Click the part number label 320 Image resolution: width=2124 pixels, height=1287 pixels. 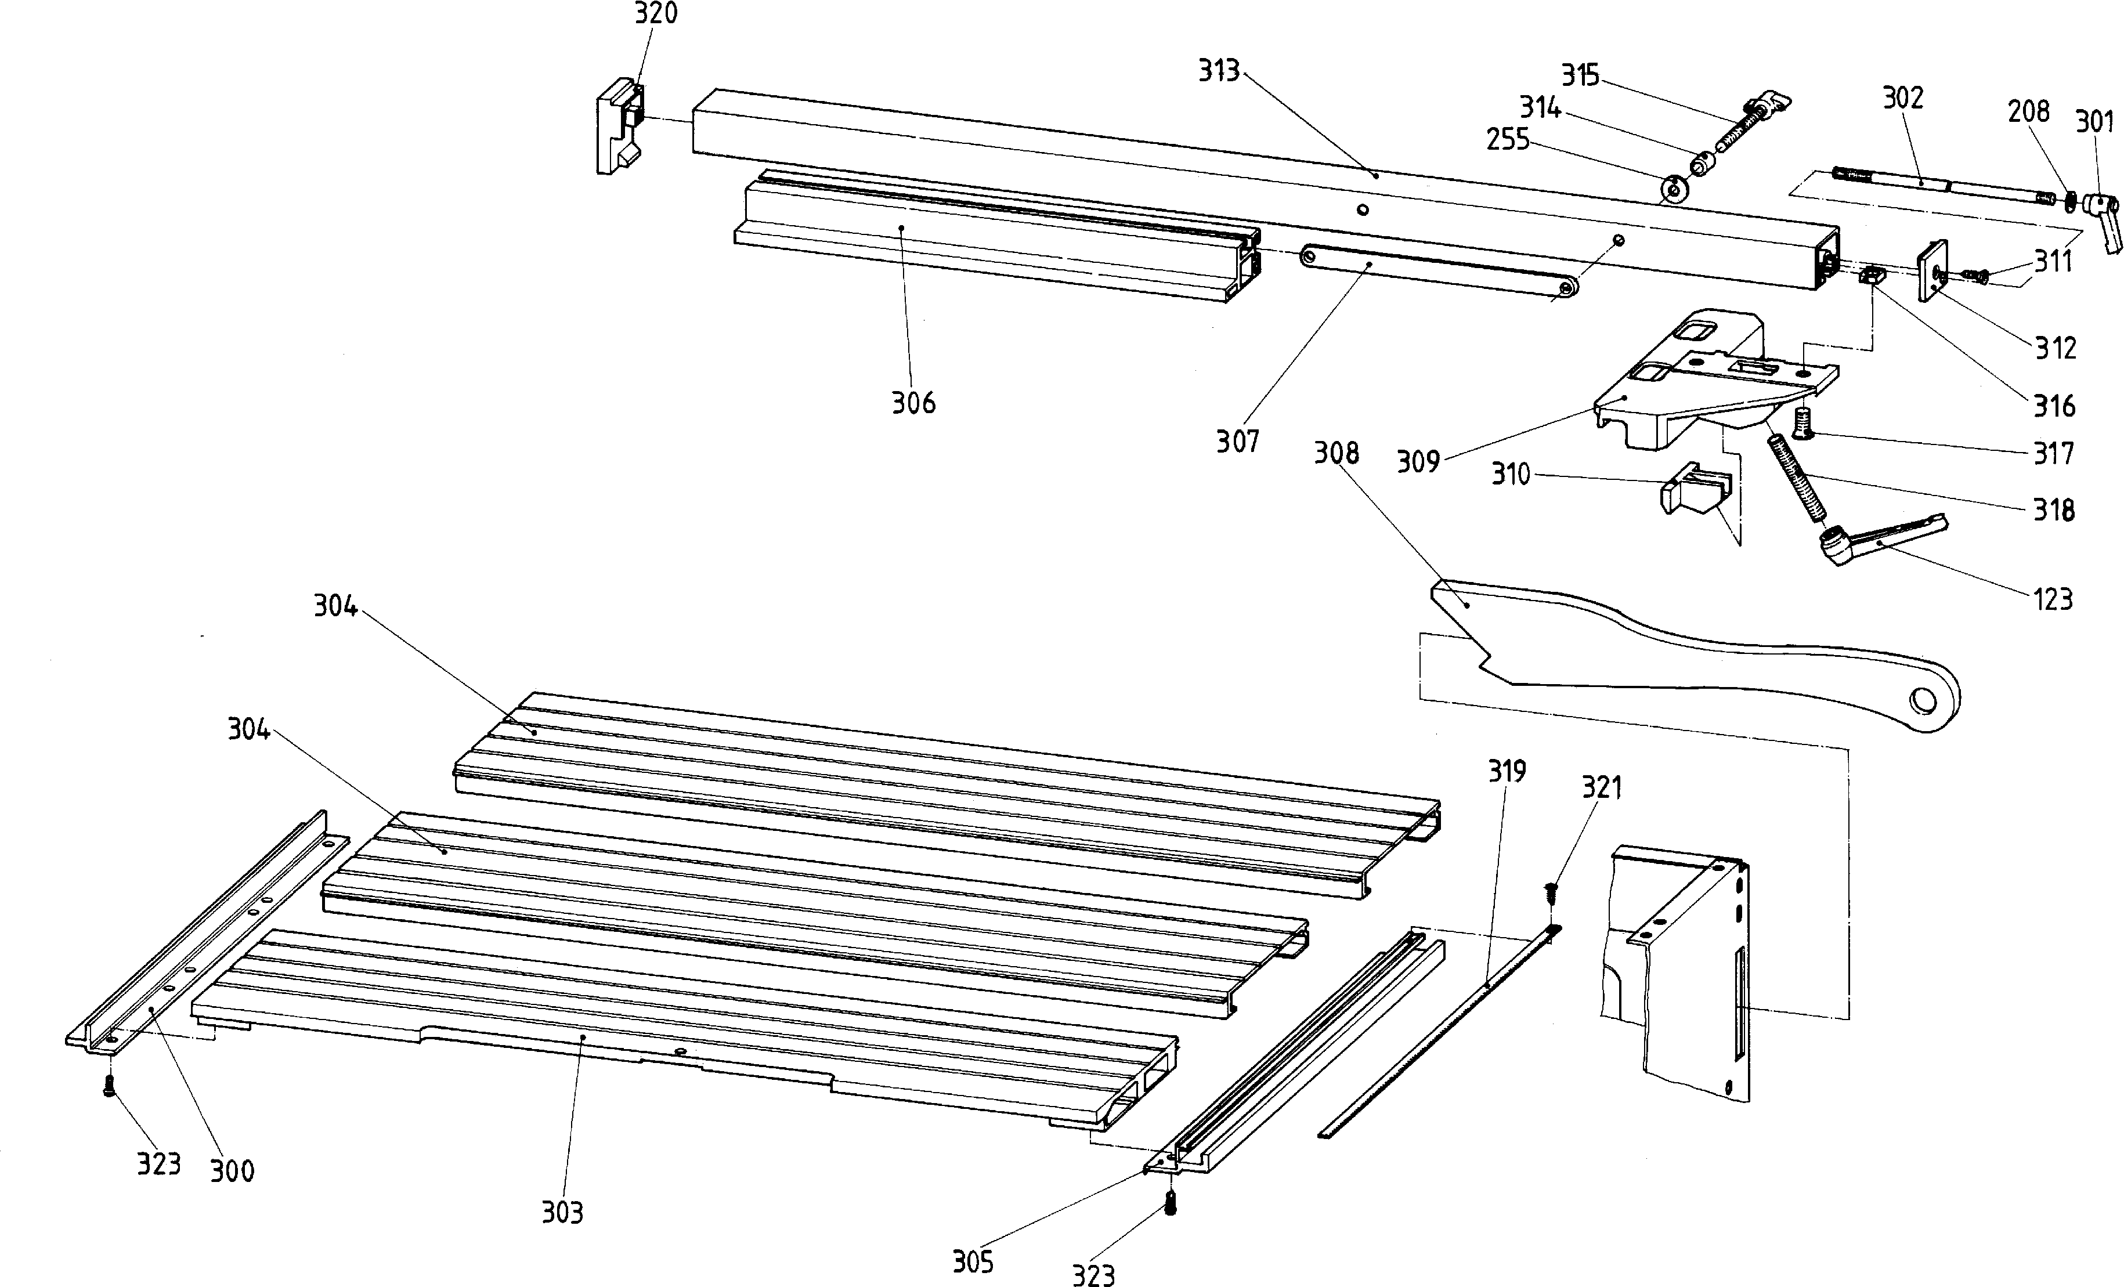[x=656, y=14]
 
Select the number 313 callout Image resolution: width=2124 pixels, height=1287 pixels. [x=1219, y=71]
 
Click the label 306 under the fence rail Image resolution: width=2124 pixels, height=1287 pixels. [x=913, y=403]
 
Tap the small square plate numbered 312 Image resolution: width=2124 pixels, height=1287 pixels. [x=1932, y=269]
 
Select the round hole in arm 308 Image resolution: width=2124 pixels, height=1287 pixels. [x=1922, y=700]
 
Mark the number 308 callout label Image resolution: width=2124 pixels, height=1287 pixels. [x=1336, y=453]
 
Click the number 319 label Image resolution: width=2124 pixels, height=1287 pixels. [x=1507, y=771]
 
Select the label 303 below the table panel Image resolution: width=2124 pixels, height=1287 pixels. [x=562, y=1213]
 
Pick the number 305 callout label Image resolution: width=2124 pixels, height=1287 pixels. [x=973, y=1263]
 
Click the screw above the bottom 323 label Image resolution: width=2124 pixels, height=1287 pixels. [x=1170, y=1202]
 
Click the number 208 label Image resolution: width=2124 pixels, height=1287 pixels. [x=2028, y=111]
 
